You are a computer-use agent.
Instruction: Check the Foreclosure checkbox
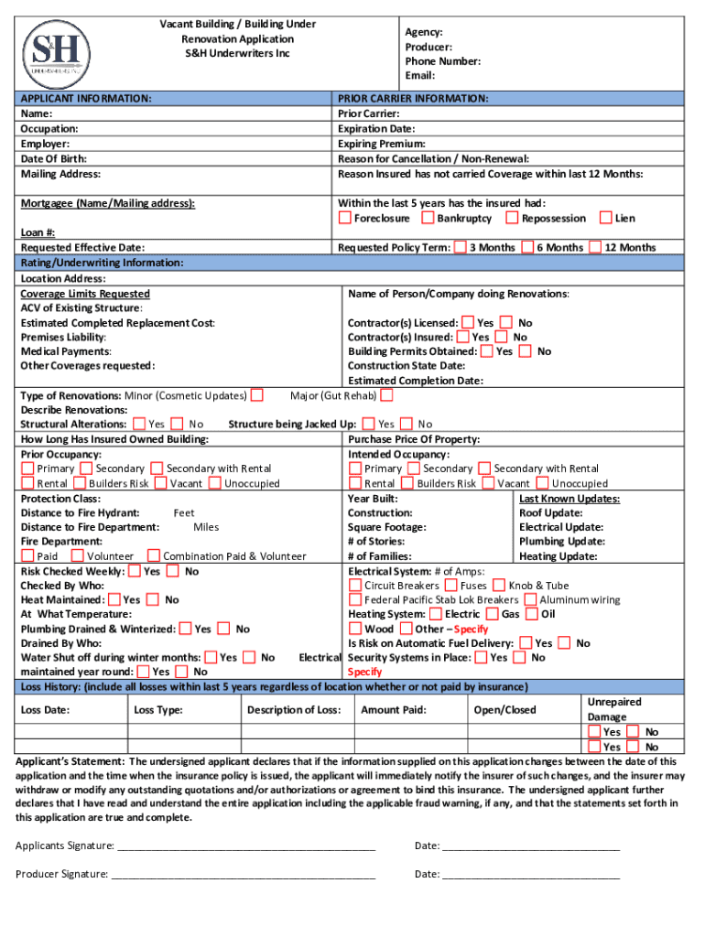pyautogui.click(x=344, y=218)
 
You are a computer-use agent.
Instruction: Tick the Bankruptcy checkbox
pyautogui.click(x=428, y=218)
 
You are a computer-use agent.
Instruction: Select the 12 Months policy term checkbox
pyautogui.click(x=595, y=247)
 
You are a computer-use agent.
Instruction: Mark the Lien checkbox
pyautogui.click(x=604, y=218)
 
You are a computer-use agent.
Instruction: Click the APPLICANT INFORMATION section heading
pyautogui.click(x=86, y=98)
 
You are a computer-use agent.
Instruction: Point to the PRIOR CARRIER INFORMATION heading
pyautogui.click(x=413, y=98)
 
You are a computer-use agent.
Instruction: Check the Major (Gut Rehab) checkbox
pyautogui.click(x=386, y=395)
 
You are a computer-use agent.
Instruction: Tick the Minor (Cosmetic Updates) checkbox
pyautogui.click(x=257, y=395)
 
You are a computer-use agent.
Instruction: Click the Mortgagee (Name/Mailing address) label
pyautogui.click(x=107, y=203)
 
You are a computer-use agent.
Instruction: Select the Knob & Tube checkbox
pyautogui.click(x=498, y=586)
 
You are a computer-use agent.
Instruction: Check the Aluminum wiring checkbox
pyautogui.click(x=530, y=600)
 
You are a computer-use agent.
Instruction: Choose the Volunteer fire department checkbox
pyautogui.click(x=78, y=555)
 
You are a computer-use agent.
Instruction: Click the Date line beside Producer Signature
pyautogui.click(x=531, y=874)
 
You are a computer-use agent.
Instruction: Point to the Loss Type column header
pyautogui.click(x=157, y=710)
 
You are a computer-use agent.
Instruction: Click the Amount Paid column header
pyautogui.click(x=393, y=710)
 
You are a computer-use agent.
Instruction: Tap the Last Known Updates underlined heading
pyautogui.click(x=569, y=499)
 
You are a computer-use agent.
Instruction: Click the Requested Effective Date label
pyautogui.click(x=82, y=247)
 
